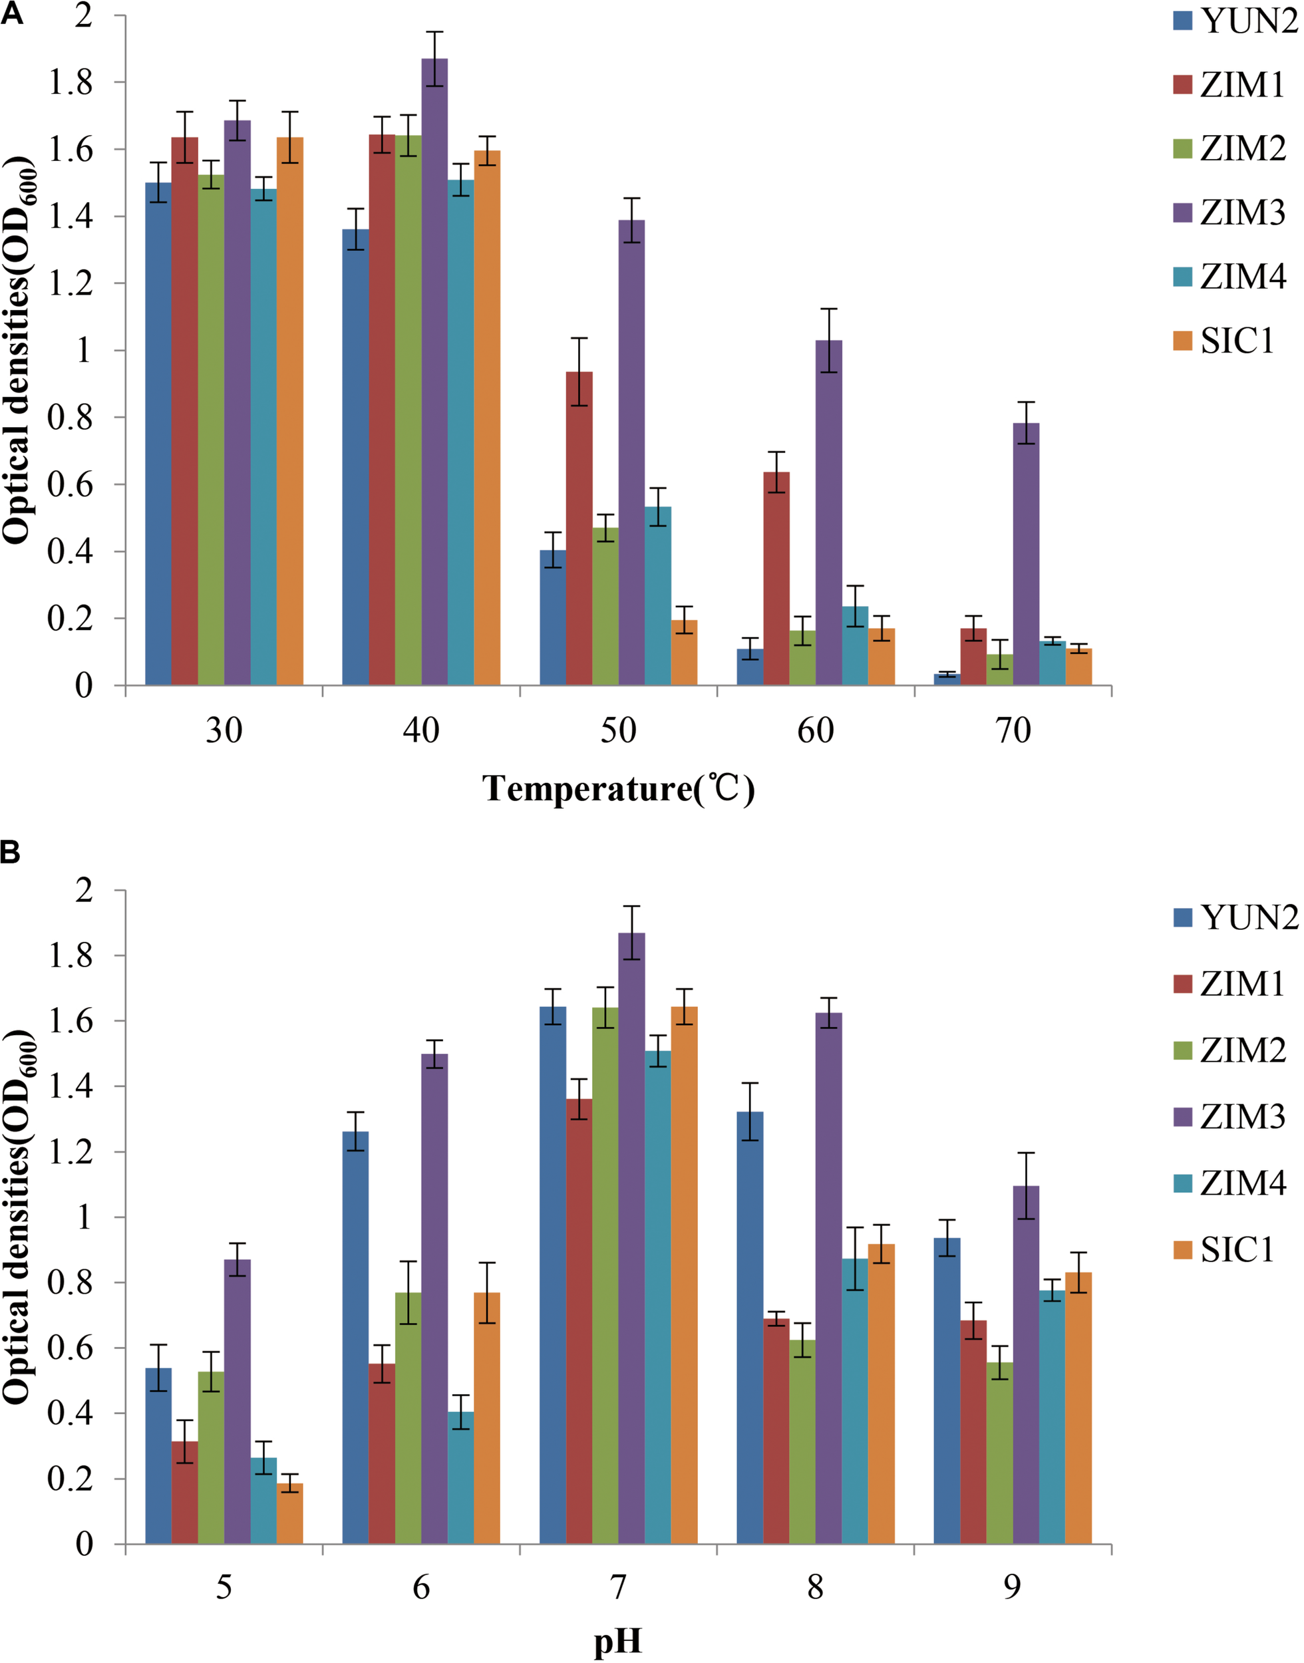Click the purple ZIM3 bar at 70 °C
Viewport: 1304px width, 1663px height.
pyautogui.click(x=1025, y=554)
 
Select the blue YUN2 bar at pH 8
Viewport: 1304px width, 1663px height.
pyautogui.click(x=750, y=1327)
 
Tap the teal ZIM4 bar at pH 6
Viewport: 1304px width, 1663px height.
pyautogui.click(x=460, y=1477)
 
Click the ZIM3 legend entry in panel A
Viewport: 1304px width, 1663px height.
pyautogui.click(x=1229, y=213)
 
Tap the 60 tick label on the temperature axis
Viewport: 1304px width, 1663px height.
pyautogui.click(x=816, y=731)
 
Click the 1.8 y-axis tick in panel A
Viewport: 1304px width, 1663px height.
pyautogui.click(x=71, y=83)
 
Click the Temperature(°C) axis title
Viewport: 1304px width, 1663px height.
pyautogui.click(x=619, y=788)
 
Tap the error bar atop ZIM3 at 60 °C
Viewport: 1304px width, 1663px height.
pyautogui.click(x=829, y=341)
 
